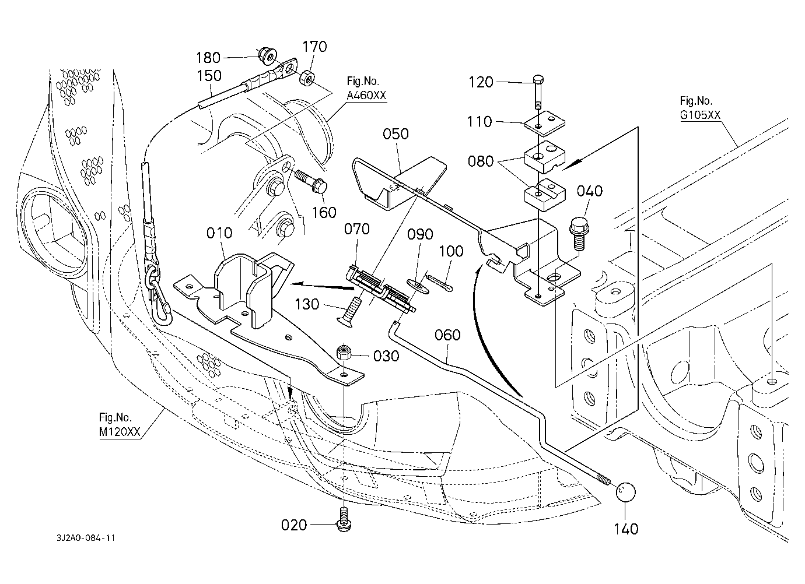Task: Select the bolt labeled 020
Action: [344, 518]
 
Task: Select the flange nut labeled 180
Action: [268, 57]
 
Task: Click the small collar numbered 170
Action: [307, 77]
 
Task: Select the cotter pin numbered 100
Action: [440, 283]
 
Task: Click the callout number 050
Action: [395, 135]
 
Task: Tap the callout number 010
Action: [219, 233]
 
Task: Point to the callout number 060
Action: [447, 335]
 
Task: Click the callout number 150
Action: [209, 76]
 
